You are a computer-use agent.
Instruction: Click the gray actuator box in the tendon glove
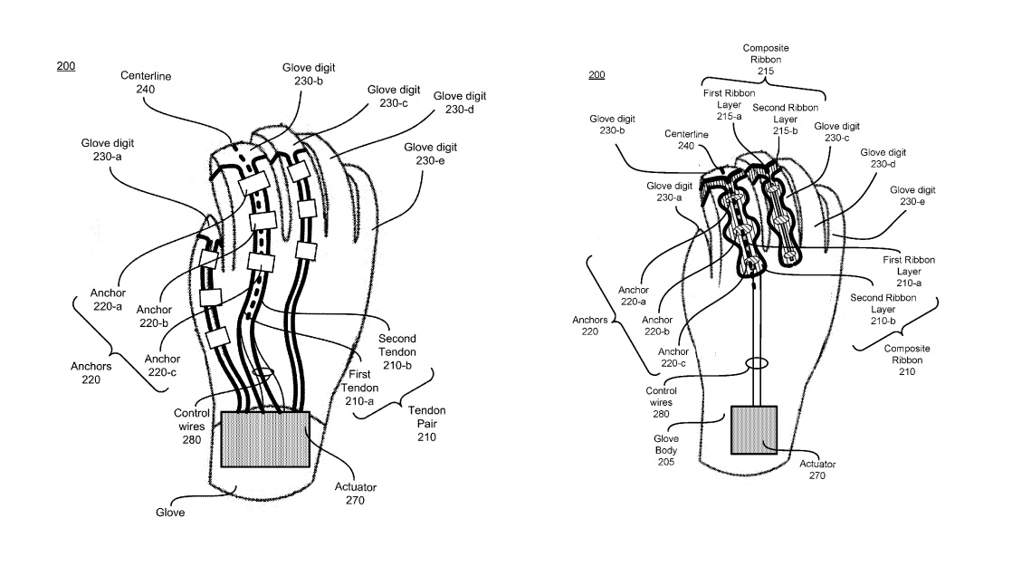coord(264,440)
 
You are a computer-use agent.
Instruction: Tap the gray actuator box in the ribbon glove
coord(753,429)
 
